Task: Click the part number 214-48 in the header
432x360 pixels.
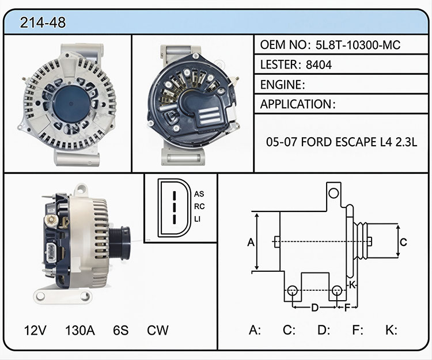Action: point(43,22)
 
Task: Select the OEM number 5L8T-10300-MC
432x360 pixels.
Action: point(358,45)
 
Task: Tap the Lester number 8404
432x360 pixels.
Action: point(319,65)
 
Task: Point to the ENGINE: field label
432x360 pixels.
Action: point(282,85)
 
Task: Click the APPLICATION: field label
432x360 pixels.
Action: point(298,104)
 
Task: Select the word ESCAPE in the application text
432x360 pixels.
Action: point(357,142)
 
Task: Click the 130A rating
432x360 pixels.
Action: point(80,330)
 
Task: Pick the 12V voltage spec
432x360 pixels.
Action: point(35,330)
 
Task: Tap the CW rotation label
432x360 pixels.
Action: point(158,330)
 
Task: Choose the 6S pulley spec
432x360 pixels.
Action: point(121,330)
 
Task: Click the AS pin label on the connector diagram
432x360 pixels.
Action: point(199,194)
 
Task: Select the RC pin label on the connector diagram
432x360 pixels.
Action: point(199,206)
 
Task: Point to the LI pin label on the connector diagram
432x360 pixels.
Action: point(197,219)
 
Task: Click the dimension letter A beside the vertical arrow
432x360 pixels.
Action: point(251,242)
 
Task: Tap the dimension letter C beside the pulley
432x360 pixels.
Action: point(403,242)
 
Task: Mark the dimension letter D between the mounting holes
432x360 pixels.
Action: point(314,308)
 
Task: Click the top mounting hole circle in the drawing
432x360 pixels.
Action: point(334,193)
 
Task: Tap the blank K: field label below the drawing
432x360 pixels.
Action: point(391,330)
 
